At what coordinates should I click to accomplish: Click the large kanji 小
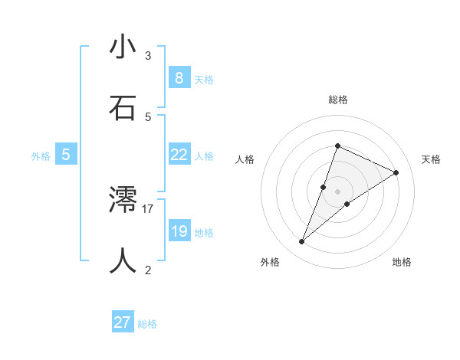click(123, 47)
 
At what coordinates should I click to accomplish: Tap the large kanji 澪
click(123, 200)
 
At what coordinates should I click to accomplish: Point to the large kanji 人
click(123, 260)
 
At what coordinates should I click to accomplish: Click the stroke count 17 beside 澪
click(148, 208)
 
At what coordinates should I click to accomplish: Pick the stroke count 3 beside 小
click(148, 56)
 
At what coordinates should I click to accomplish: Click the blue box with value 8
click(179, 77)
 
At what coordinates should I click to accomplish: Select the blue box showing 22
click(179, 155)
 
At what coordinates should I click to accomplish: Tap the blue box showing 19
click(179, 231)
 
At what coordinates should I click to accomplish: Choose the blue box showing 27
click(123, 322)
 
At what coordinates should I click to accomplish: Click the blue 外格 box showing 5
click(66, 155)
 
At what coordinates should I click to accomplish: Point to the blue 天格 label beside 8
click(204, 79)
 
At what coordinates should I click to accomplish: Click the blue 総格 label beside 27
click(147, 324)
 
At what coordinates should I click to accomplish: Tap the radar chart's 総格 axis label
click(337, 100)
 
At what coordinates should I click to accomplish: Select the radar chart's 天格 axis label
click(431, 159)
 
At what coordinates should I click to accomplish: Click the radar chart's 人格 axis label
click(245, 159)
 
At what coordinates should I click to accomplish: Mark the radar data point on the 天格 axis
click(396, 172)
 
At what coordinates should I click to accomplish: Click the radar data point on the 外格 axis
click(302, 242)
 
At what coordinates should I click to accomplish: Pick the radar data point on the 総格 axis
click(337, 146)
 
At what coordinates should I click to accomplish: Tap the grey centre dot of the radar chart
click(337, 191)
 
